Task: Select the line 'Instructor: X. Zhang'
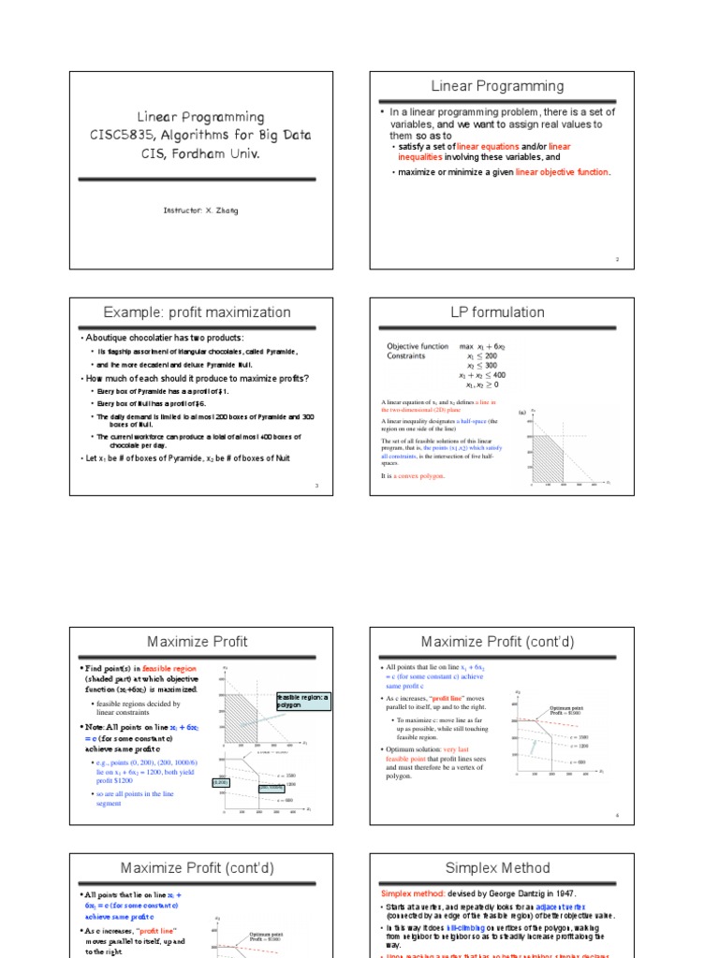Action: [x=200, y=210]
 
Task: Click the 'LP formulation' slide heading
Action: [x=497, y=312]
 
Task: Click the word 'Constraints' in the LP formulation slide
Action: [x=406, y=356]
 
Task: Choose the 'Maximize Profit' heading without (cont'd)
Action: [x=198, y=642]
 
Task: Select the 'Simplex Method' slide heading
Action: [x=497, y=868]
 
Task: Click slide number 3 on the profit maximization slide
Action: [x=317, y=486]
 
